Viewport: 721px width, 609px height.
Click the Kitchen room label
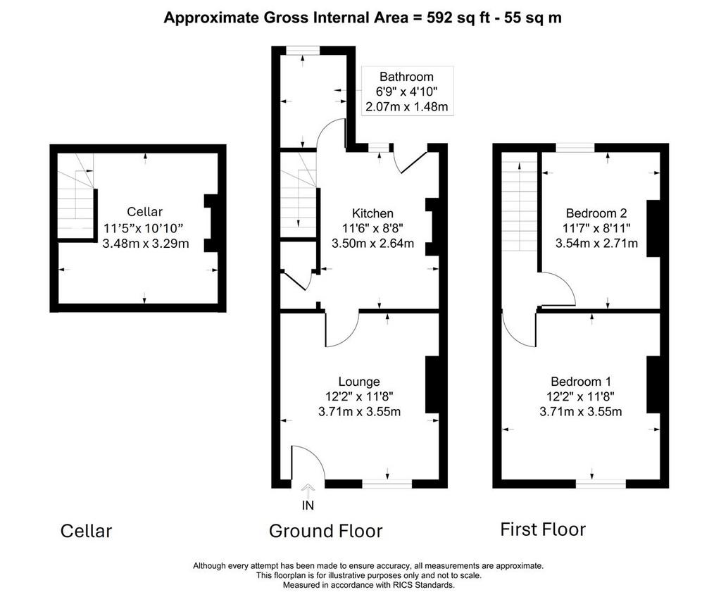click(x=372, y=213)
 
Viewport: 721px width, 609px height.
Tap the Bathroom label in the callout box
click(x=406, y=77)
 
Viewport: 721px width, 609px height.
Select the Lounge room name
click(x=359, y=382)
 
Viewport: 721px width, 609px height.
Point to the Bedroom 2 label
click(x=596, y=213)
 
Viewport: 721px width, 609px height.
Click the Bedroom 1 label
click(x=581, y=382)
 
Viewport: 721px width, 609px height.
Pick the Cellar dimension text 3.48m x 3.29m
click(x=145, y=244)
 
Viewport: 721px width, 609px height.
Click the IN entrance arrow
click(x=308, y=490)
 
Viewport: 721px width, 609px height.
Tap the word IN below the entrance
click(x=308, y=506)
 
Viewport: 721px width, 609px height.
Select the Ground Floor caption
click(x=325, y=531)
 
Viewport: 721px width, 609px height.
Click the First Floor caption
click(x=543, y=529)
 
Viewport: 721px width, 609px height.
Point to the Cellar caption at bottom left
click(x=86, y=531)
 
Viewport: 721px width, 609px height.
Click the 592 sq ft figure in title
click(x=458, y=18)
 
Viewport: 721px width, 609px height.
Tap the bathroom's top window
click(x=303, y=51)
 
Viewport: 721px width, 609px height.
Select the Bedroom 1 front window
click(x=601, y=484)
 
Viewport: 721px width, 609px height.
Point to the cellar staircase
click(x=76, y=195)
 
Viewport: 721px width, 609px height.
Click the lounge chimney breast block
click(x=432, y=384)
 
